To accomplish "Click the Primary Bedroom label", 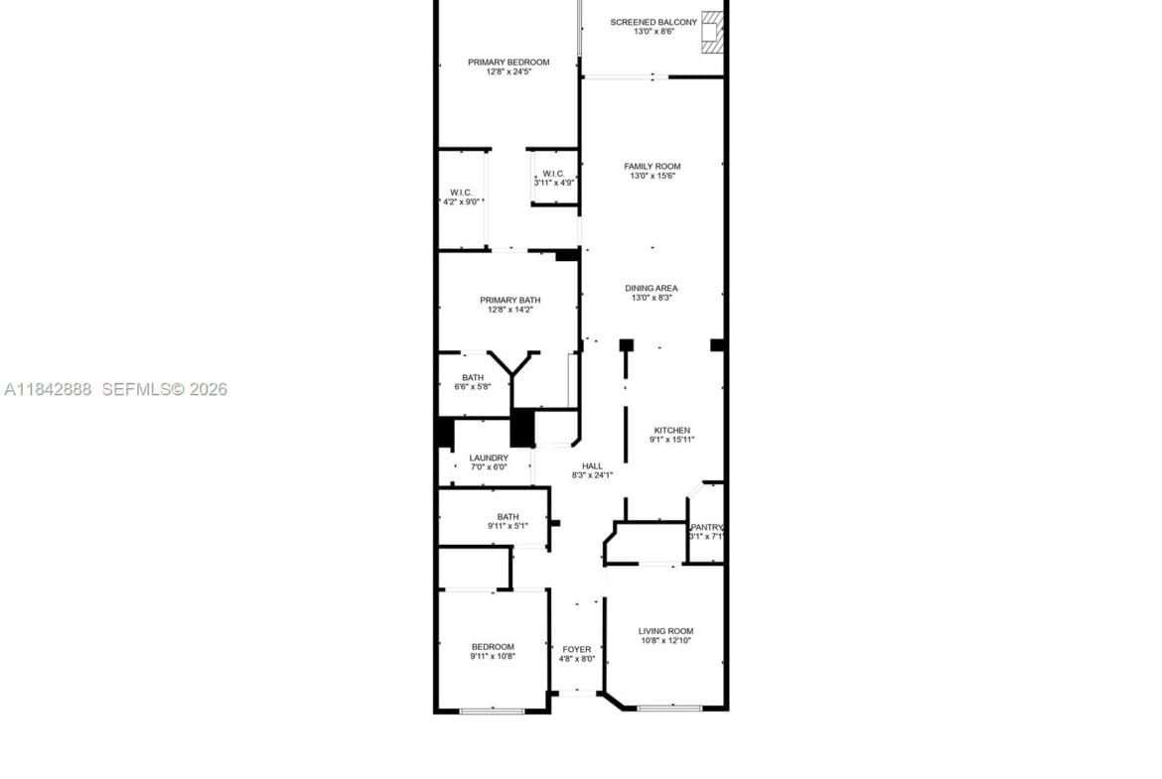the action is pyautogui.click(x=508, y=63).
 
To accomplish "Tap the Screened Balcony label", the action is pyautogui.click(x=654, y=22).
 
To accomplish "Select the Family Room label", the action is pyautogui.click(x=653, y=167).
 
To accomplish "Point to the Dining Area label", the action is pyautogui.click(x=652, y=288).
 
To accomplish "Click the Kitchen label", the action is pyautogui.click(x=672, y=431).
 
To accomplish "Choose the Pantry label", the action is pyautogui.click(x=706, y=527).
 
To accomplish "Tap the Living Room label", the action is pyautogui.click(x=666, y=632).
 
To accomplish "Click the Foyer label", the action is pyautogui.click(x=577, y=649).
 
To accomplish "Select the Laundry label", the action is pyautogui.click(x=489, y=457).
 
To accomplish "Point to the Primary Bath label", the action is pyautogui.click(x=509, y=300).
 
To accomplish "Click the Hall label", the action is pyautogui.click(x=592, y=465).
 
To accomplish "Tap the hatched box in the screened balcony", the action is pyautogui.click(x=711, y=33).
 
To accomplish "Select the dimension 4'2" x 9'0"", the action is pyautogui.click(x=462, y=201).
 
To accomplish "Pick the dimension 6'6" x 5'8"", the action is pyautogui.click(x=473, y=387).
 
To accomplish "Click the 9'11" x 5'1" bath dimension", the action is pyautogui.click(x=508, y=526).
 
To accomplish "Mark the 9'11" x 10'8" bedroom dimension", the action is pyautogui.click(x=493, y=656).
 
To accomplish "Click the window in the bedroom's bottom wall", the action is pyautogui.click(x=492, y=711).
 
